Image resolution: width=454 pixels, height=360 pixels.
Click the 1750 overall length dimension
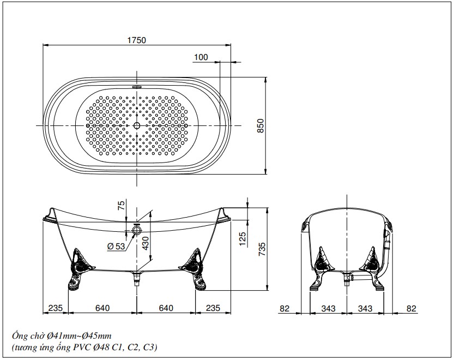[137, 40]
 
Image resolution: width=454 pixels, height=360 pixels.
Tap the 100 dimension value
[201, 57]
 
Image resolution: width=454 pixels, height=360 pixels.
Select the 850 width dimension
[261, 126]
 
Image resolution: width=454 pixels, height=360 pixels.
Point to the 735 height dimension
[261, 249]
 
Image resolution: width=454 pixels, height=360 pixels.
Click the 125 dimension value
[243, 239]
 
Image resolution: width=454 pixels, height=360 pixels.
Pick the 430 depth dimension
[146, 243]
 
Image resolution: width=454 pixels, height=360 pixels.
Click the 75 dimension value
[122, 205]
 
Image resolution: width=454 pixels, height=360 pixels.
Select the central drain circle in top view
[137, 125]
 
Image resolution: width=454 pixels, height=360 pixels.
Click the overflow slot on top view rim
[137, 86]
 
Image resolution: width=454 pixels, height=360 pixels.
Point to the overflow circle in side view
[137, 231]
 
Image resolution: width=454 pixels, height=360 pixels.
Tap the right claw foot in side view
[193, 269]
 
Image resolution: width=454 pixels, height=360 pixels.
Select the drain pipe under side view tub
[137, 278]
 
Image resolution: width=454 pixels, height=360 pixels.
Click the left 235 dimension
[55, 308]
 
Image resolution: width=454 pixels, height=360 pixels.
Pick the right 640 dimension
[166, 308]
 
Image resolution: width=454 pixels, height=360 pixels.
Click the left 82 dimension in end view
[284, 308]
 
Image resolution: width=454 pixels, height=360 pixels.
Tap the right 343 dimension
[365, 308]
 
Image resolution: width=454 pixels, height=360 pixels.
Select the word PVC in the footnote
[81, 347]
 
